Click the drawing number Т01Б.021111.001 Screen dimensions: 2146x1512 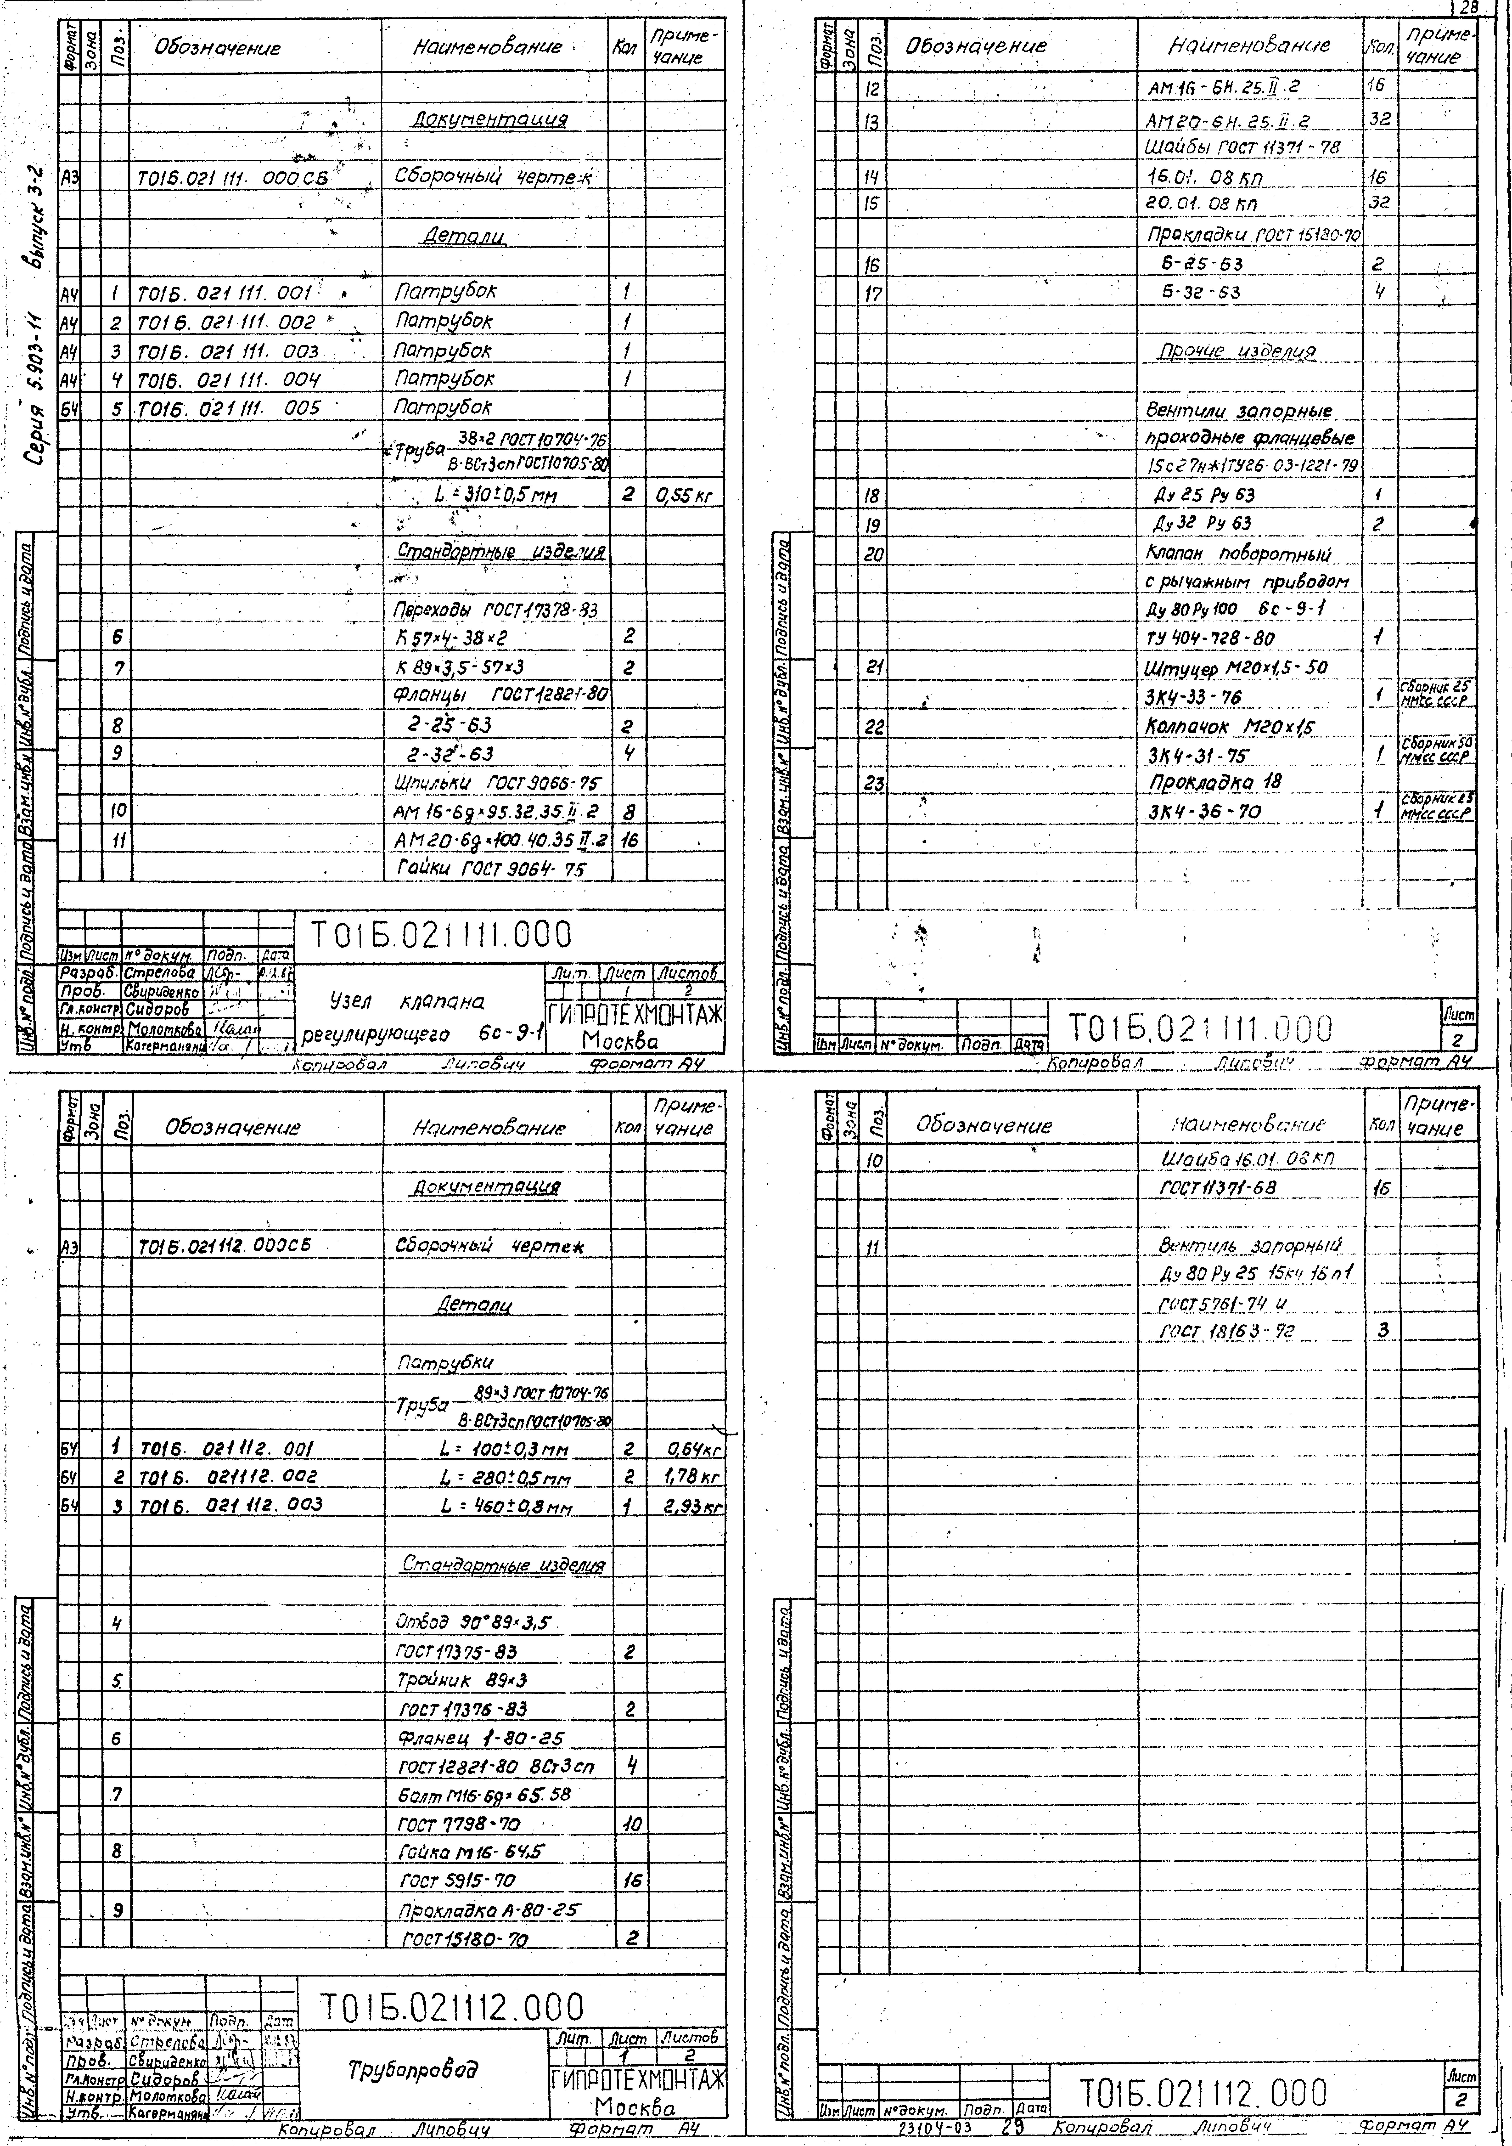coord(224,293)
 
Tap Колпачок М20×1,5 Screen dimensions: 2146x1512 coord(1230,726)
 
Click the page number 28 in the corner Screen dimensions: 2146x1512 coord(1468,8)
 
